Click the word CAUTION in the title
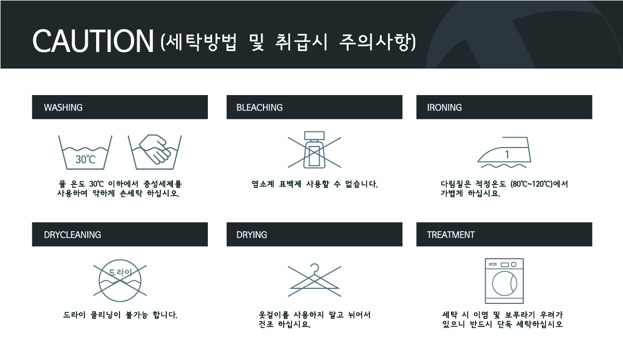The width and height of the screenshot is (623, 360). pos(92,40)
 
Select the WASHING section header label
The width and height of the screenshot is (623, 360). pos(63,108)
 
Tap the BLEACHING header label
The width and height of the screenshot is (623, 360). pos(259,108)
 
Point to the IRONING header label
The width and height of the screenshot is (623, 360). pos(444,108)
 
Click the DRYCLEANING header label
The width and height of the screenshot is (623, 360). pos(72,235)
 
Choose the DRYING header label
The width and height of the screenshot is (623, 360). pos(251,235)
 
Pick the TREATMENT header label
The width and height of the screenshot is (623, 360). pos(450,235)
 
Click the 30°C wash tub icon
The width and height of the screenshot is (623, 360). pos(85,153)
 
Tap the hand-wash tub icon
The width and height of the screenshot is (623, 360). pos(154,153)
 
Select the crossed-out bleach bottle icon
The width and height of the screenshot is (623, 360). pos(314,151)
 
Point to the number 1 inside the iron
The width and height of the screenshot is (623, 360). pos(507,154)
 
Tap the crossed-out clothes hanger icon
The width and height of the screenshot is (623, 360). pos(314,278)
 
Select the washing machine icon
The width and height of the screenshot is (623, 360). pos(503,281)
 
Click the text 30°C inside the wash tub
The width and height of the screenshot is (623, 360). pos(85,159)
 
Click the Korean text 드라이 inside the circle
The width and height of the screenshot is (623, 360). pos(120,272)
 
